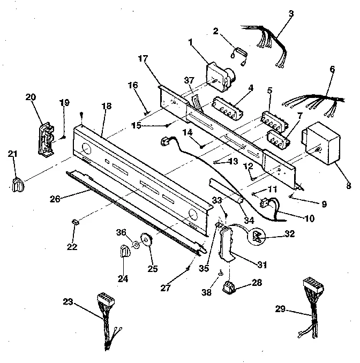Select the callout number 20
click(31, 97)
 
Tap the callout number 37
click(189, 81)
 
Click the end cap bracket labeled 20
click(47, 138)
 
